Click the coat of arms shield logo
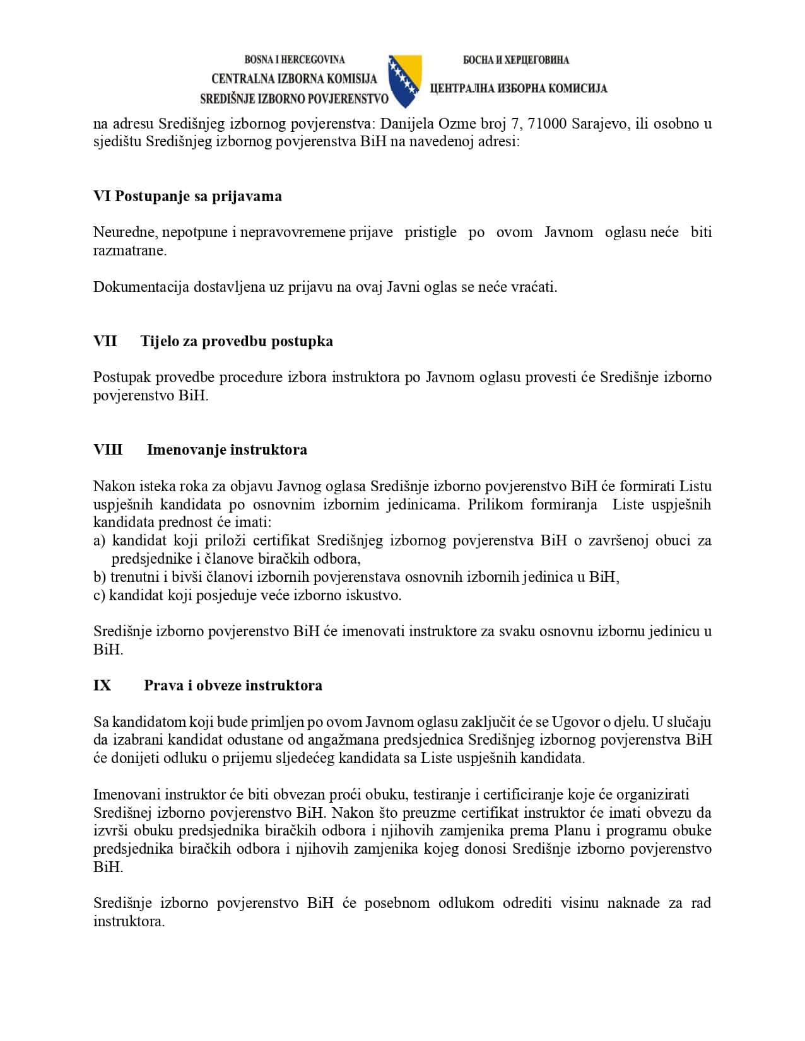tap(405, 80)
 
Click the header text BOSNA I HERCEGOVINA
tap(295, 60)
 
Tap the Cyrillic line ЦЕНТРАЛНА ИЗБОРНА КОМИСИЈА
tap(518, 88)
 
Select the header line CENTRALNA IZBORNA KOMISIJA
tap(294, 79)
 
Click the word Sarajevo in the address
tap(600, 124)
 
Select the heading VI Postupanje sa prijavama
tap(187, 196)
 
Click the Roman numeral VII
tap(105, 341)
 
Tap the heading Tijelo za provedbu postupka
tap(237, 341)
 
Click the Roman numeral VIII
tap(108, 450)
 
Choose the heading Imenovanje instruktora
tap(227, 450)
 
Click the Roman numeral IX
tap(102, 685)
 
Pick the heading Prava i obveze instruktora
tap(233, 685)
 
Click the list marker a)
tap(99, 541)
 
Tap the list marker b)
tap(100, 577)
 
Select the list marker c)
tap(99, 595)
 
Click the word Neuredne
tap(124, 232)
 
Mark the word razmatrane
tap(130, 250)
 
